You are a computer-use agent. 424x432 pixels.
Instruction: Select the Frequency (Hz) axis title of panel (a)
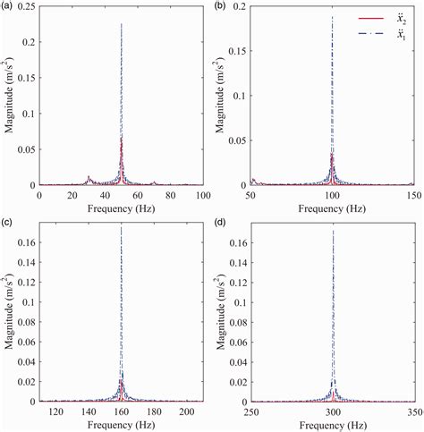(121, 207)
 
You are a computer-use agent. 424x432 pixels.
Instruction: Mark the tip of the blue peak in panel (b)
(333, 17)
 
